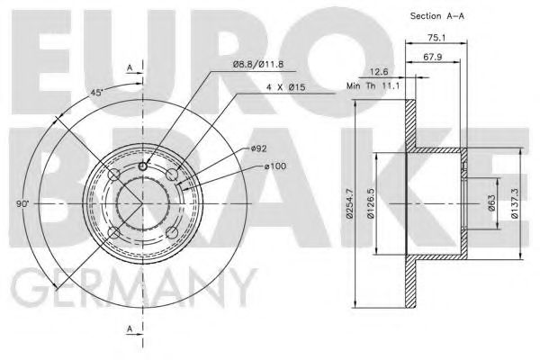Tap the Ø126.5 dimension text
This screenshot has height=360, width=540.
(370, 205)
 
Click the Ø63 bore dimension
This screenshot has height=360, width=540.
(491, 205)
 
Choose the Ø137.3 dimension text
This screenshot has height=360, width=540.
(516, 205)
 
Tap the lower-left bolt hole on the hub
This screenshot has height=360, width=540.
(112, 234)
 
